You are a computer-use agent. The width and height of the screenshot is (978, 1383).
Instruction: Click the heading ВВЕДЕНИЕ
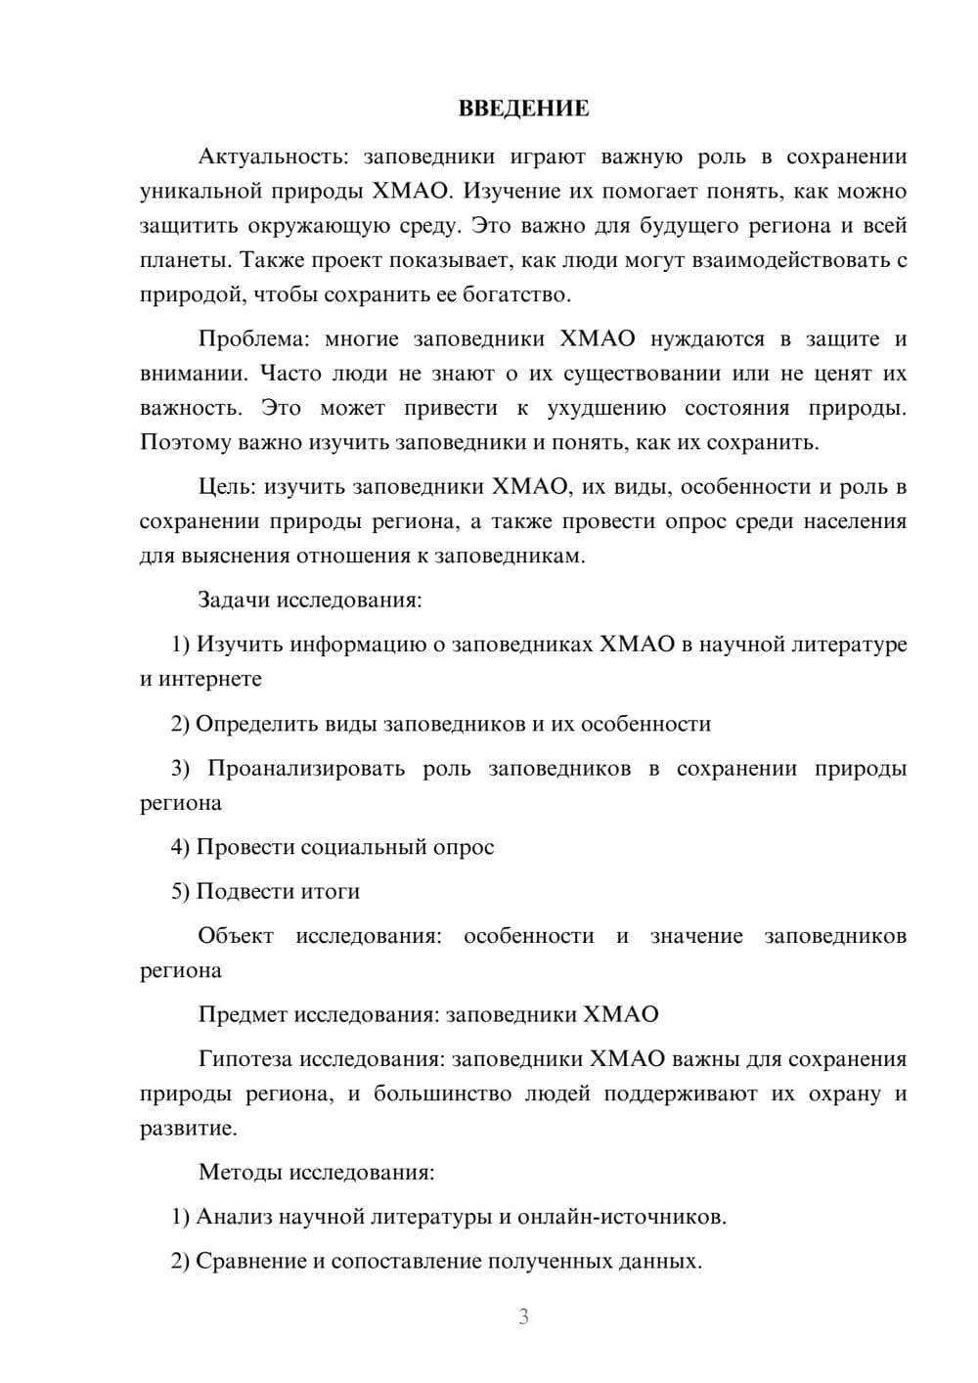coord(523,109)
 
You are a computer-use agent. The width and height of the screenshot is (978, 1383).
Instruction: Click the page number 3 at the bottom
coord(523,1316)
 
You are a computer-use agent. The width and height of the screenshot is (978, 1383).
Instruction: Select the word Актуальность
coord(271,157)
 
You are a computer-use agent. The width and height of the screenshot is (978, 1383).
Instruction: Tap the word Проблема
coord(251,339)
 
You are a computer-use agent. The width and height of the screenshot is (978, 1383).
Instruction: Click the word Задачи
coord(234,600)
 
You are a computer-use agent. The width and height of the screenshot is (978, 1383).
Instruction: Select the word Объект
coord(236,936)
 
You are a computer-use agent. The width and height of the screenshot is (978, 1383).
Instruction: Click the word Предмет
coord(243,1014)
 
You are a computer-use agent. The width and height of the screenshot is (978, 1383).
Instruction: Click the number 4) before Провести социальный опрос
coord(180,847)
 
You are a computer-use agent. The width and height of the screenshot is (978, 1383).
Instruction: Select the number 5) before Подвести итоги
coord(180,891)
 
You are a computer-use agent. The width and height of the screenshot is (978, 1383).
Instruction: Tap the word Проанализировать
coord(306,769)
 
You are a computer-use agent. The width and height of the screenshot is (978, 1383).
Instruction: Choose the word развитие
coord(187,1129)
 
